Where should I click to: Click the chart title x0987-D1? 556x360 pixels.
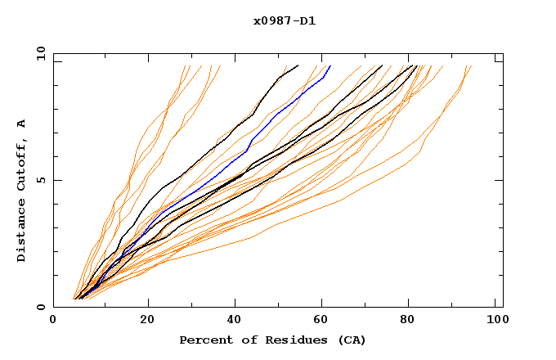(x=284, y=21)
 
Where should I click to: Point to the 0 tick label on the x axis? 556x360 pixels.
(x=53, y=321)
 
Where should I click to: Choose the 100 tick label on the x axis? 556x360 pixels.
(x=495, y=321)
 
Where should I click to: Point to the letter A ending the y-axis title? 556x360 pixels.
(x=22, y=123)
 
